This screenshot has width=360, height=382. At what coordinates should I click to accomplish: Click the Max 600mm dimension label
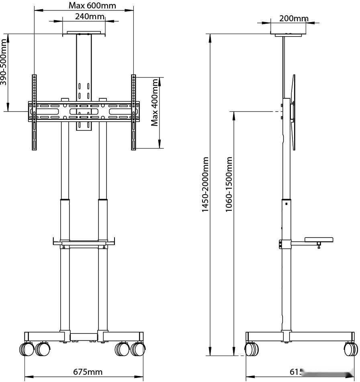(x=92, y=5)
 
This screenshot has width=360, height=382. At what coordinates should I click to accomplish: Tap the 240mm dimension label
(x=89, y=16)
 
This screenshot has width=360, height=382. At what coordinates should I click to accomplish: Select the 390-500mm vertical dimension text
(x=4, y=62)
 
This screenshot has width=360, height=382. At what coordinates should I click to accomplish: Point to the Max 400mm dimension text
(x=155, y=103)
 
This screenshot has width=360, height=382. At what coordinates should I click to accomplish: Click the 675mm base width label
(x=88, y=372)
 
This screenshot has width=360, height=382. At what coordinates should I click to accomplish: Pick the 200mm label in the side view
(x=294, y=18)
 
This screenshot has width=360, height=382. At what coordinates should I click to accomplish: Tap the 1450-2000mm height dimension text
(x=206, y=185)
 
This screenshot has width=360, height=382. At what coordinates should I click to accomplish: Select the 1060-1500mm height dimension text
(x=229, y=185)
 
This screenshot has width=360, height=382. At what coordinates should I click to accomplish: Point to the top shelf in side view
(x=288, y=35)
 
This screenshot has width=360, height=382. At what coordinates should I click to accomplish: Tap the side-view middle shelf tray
(x=319, y=240)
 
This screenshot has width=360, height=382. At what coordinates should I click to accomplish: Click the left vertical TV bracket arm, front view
(x=35, y=112)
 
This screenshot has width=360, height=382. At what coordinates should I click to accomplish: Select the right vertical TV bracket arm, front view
(x=133, y=112)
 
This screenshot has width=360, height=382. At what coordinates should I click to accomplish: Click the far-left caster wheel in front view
(x=26, y=349)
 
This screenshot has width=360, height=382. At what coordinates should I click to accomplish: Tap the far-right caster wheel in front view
(x=139, y=349)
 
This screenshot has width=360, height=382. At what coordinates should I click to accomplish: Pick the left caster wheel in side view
(x=252, y=349)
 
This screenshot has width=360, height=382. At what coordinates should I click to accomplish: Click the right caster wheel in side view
(x=350, y=349)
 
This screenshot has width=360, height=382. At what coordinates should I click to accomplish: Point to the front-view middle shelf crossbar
(x=84, y=242)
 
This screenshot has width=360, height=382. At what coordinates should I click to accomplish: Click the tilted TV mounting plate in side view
(x=294, y=112)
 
